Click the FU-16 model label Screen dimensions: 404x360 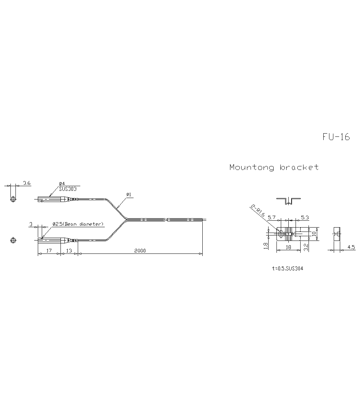[x=336, y=137]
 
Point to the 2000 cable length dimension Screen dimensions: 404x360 [x=140, y=251]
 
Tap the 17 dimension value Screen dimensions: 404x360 [x=49, y=251]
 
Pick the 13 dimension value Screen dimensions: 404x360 [x=69, y=251]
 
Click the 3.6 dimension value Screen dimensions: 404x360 [x=27, y=183]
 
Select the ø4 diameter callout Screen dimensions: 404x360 [x=62, y=184]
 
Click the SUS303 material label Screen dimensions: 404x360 [x=67, y=188]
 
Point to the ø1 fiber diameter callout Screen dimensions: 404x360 [x=129, y=195]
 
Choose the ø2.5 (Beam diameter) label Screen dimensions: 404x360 [x=78, y=224]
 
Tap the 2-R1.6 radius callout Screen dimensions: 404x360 [x=258, y=211]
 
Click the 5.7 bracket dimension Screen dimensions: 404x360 [x=272, y=217]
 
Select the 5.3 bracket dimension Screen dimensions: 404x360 [x=305, y=217]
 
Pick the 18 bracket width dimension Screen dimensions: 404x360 [x=288, y=247]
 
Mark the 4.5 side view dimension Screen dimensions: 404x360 [x=351, y=247]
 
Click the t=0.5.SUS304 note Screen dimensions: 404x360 [x=288, y=268]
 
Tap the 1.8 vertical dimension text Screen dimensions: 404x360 [x=266, y=246]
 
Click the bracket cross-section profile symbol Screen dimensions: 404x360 [x=289, y=201]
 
